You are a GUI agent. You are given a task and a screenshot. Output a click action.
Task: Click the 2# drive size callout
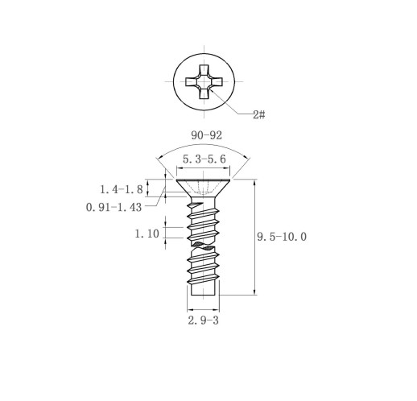point(259,115)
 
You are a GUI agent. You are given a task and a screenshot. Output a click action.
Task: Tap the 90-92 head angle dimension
point(206,135)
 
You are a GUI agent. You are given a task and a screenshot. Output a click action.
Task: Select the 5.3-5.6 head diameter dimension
point(204,159)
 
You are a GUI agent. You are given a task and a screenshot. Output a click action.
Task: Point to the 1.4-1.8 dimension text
point(122,189)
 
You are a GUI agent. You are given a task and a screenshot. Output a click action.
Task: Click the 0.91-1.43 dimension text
point(114,207)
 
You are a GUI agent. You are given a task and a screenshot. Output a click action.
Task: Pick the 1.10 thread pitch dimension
point(147,234)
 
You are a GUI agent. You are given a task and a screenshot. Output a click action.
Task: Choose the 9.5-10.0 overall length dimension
point(282,237)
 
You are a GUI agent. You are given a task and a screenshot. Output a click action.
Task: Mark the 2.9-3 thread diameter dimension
point(204,320)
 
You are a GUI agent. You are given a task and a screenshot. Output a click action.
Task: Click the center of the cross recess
point(204,81)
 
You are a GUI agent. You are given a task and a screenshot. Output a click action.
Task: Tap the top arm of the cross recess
point(204,70)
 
